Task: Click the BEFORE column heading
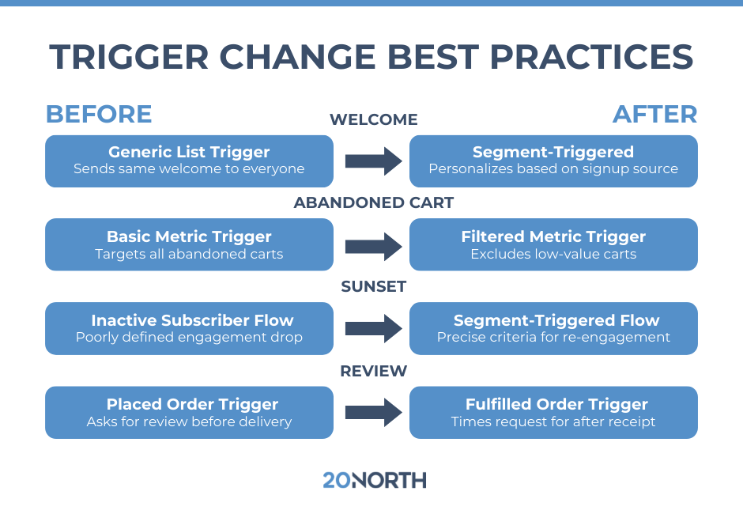[x=99, y=114]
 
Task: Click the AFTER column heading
[x=654, y=114]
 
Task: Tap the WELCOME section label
[x=373, y=119]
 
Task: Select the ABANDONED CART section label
[x=373, y=202]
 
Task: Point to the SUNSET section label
[x=373, y=286]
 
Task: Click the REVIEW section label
[x=373, y=370]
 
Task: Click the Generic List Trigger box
[x=189, y=161]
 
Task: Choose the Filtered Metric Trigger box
[x=553, y=244]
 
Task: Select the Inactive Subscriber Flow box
[x=189, y=328]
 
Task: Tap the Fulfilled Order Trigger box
[x=553, y=412]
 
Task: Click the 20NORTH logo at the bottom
[x=374, y=479]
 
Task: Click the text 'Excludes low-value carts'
[x=553, y=254]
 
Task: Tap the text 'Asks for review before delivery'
[x=189, y=421]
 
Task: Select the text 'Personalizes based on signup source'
[x=553, y=168]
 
